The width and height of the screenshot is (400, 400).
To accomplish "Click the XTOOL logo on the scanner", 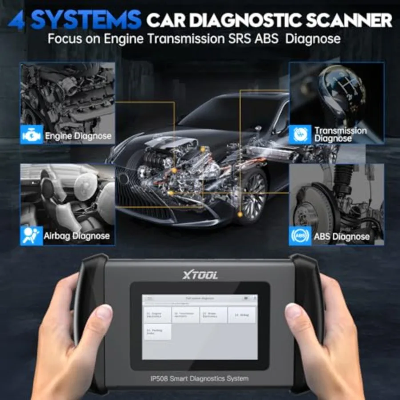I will pyautogui.click(x=200, y=275).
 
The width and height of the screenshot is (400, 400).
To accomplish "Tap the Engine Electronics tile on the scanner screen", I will pyautogui.click(x=157, y=315).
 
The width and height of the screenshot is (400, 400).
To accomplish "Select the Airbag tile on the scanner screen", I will pyautogui.click(x=242, y=315).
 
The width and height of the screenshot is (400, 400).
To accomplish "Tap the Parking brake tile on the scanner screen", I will pyautogui.click(x=157, y=332).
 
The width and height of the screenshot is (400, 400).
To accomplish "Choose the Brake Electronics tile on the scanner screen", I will pyautogui.click(x=213, y=315).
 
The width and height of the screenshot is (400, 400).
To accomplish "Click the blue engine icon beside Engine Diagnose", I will pyautogui.click(x=32, y=135).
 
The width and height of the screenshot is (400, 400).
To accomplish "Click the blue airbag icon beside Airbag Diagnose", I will pyautogui.click(x=32, y=235).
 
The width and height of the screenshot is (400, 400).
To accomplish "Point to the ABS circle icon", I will pyautogui.click(x=300, y=236).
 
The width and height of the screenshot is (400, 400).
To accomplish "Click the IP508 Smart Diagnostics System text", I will pyautogui.click(x=199, y=379).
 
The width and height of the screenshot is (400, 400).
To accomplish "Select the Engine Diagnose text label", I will pyautogui.click(x=78, y=136).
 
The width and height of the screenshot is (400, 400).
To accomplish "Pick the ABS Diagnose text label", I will pyautogui.click(x=341, y=236).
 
